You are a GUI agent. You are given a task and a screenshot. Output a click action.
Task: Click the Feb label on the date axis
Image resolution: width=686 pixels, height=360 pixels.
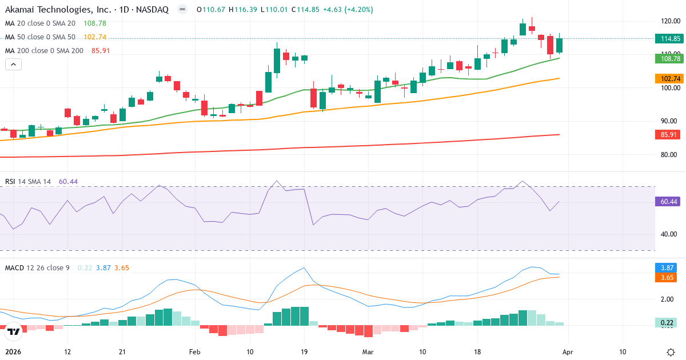(x=196, y=352)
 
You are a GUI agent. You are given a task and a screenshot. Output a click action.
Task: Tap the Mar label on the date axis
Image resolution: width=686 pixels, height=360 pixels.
(x=368, y=352)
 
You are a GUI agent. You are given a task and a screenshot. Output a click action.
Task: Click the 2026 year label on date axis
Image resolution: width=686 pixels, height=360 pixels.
(x=13, y=352)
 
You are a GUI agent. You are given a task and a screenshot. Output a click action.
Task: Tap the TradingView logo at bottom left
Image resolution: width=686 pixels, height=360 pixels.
(x=14, y=331)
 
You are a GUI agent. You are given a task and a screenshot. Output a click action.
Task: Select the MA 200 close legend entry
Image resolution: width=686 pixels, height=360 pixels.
(x=44, y=51)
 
